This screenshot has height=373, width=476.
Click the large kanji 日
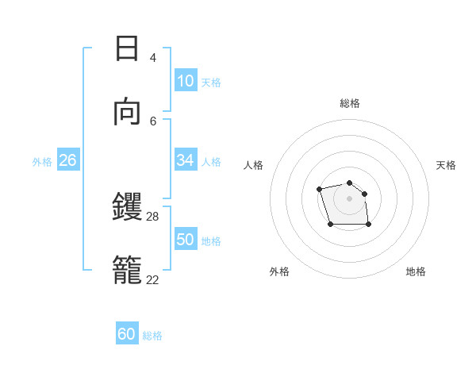coord(127,48)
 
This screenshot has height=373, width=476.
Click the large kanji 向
coord(127,112)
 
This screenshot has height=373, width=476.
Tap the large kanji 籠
coord(128,270)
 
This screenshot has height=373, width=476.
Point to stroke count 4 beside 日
coord(152,57)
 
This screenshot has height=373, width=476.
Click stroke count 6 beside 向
coord(152,121)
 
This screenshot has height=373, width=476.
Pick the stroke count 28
coord(153,216)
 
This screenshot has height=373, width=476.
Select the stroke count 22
coord(153,279)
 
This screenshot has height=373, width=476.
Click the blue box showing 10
coord(186,81)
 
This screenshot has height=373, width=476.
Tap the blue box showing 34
coord(186,160)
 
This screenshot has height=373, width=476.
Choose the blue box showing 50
coord(186,240)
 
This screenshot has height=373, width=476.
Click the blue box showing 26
coord(68,160)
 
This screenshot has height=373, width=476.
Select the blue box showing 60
coord(127,334)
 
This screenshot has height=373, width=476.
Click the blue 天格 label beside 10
coord(211,82)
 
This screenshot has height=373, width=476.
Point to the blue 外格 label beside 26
coord(42,161)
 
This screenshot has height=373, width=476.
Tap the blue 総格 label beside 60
coord(152,336)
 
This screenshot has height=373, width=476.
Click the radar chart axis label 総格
coord(350,103)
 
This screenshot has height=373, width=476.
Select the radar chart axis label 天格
coord(447,165)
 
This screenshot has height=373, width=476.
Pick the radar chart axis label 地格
coord(416,271)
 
